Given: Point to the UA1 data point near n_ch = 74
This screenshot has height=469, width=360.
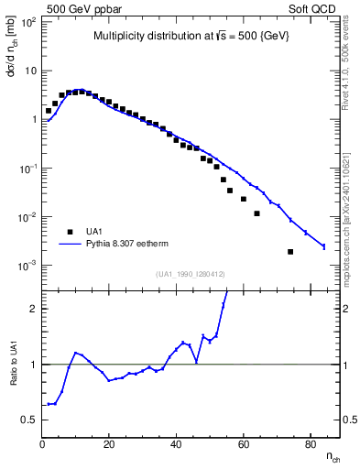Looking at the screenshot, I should point(290,251).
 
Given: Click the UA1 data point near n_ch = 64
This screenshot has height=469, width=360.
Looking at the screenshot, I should point(256,213).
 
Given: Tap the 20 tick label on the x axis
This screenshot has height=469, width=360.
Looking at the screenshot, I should point(110,444).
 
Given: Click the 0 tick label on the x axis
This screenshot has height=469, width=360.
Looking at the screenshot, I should point(43,444).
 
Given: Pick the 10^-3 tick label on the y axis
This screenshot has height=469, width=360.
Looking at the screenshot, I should point(27,266).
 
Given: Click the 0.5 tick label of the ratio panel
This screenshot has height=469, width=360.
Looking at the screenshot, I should point(29,420).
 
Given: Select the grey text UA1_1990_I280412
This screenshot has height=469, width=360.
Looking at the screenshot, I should point(191,275).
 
